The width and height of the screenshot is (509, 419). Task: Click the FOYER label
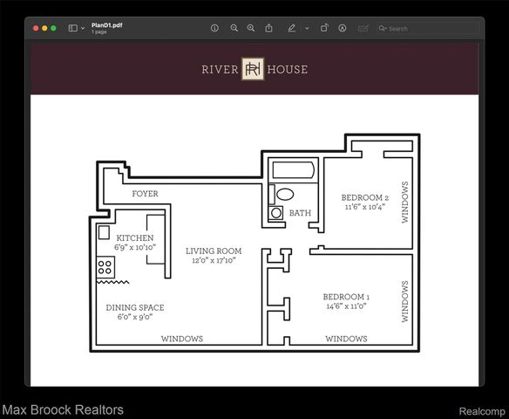145,194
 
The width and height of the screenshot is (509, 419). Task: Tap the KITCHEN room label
135,237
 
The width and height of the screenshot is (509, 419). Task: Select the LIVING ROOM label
214,251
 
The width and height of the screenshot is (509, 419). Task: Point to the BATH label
300,213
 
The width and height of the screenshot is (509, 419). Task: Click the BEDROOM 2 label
365,197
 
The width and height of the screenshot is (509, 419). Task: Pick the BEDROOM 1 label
346,297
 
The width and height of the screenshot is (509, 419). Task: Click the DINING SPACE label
135,307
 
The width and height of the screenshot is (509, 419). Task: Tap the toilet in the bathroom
285,195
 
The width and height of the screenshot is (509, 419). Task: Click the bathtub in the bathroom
294,170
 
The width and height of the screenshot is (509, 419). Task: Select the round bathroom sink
276,213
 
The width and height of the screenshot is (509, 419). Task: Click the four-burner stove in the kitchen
105,267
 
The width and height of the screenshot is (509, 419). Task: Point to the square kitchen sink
104,232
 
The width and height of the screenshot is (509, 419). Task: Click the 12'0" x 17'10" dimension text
214,260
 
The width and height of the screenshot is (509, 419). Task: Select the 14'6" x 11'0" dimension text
346,306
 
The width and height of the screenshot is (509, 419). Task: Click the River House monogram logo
253,69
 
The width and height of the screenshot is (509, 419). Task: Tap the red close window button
36,28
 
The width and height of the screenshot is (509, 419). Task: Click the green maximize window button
53,28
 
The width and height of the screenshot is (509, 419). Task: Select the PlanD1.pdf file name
107,25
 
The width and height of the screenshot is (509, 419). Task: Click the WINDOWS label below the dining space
182,339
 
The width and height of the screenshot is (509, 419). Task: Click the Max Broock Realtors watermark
63,410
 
